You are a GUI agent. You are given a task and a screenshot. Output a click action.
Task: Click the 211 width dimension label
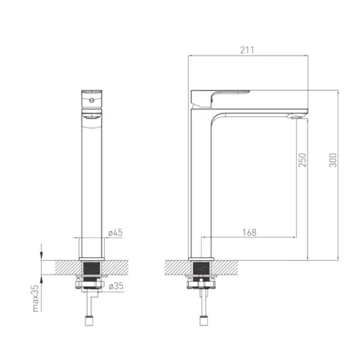(247, 50)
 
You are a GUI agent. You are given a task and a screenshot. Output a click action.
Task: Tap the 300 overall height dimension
(333, 160)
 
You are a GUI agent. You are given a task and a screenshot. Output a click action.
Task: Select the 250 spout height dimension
(302, 160)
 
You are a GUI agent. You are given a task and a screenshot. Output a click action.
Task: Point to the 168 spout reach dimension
(250, 232)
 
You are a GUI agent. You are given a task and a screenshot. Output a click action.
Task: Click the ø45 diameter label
(115, 232)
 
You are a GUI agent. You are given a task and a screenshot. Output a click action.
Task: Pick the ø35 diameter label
(116, 286)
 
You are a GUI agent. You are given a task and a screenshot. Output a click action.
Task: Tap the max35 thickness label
(36, 298)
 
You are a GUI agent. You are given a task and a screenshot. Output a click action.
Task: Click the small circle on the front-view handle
(91, 100)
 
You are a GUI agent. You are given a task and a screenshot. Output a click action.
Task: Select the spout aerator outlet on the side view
(295, 116)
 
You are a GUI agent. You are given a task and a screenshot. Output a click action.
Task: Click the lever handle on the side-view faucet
(220, 98)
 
